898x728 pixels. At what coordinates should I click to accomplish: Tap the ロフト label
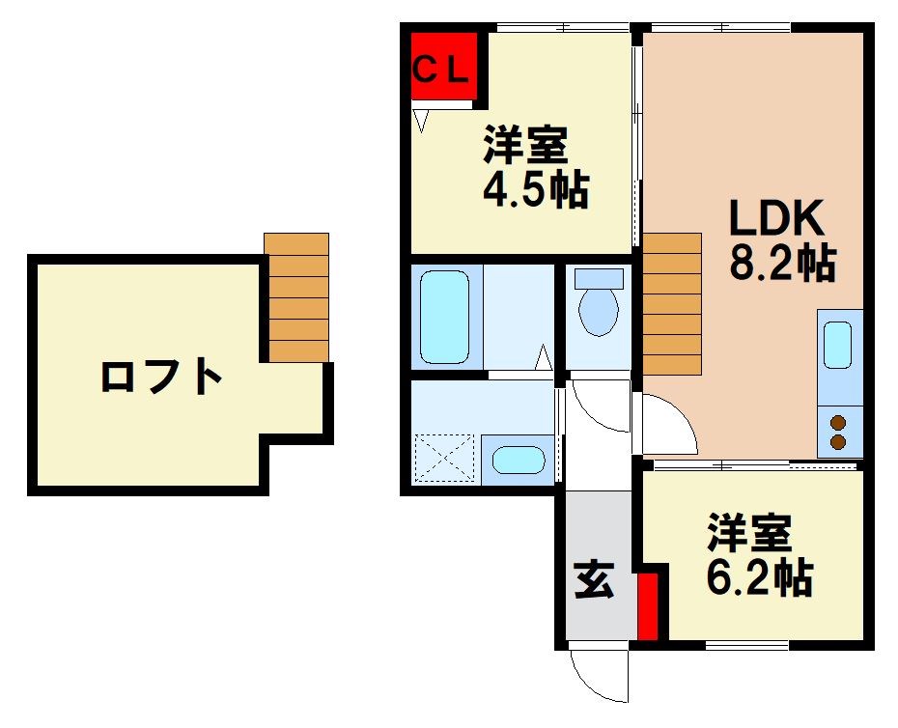[162, 377]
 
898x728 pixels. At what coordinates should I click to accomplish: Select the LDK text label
[775, 220]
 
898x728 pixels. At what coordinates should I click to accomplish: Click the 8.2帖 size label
[781, 263]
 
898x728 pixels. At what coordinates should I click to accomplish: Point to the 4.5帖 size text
[535, 189]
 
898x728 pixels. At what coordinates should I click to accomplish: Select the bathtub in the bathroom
[445, 316]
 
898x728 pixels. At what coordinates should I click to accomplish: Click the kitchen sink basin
[837, 344]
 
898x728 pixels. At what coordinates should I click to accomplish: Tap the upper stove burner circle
[837, 422]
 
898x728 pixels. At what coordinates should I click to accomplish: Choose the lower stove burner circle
[837, 442]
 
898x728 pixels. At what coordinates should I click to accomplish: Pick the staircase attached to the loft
[296, 297]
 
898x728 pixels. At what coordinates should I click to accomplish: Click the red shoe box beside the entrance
[648, 605]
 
